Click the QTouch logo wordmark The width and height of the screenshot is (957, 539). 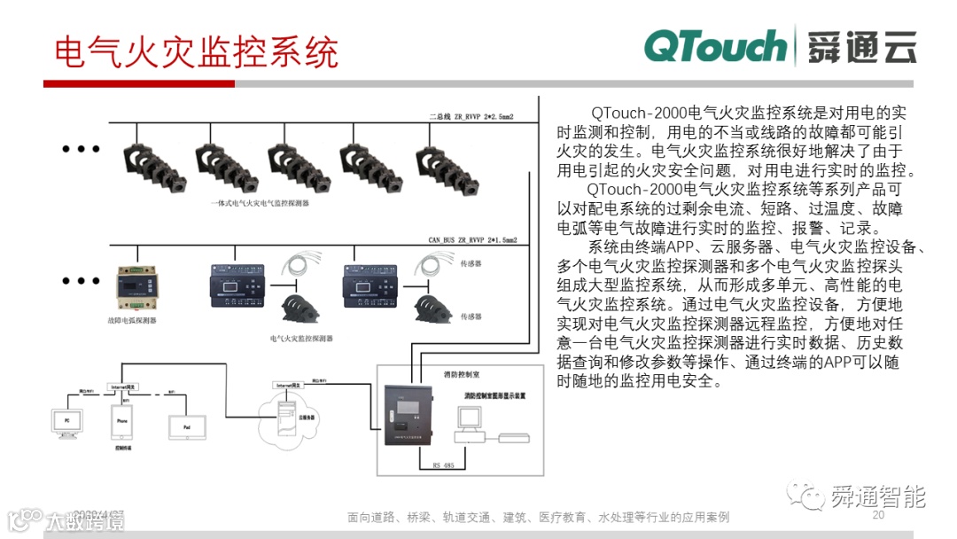pos(714,46)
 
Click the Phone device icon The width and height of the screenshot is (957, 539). pos(123,422)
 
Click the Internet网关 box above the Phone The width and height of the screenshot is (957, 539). pos(123,387)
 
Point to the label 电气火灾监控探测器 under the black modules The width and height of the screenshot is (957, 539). pos(301,338)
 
